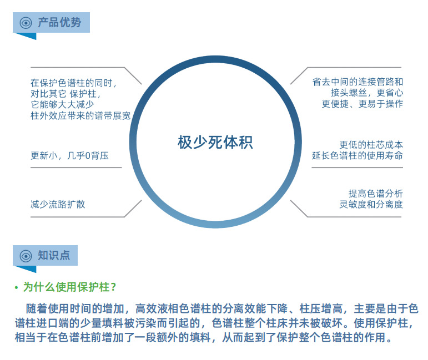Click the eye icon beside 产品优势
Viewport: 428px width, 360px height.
click(26, 23)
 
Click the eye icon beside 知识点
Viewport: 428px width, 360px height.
click(26, 256)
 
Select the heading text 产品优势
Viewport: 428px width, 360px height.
click(59, 23)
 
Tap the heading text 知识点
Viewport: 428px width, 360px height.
click(54, 256)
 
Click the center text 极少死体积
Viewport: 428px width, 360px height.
click(215, 143)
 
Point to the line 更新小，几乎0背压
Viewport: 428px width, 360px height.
click(69, 156)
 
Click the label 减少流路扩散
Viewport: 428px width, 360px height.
click(58, 204)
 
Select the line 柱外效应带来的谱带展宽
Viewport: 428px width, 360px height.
click(80, 116)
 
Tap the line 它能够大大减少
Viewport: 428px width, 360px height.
click(62, 105)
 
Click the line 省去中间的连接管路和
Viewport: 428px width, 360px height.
click(357, 82)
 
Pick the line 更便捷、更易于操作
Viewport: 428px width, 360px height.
click(362, 104)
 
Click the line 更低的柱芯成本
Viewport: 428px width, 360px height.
click(371, 145)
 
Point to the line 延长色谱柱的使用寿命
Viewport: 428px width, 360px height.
click(357, 156)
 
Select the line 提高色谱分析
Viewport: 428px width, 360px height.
click(376, 193)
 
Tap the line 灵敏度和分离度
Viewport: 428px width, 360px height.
click(371, 204)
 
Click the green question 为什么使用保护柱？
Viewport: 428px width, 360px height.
click(70, 287)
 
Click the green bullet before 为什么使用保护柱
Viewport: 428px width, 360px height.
click(17, 288)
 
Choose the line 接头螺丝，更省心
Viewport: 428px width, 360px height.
click(366, 93)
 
